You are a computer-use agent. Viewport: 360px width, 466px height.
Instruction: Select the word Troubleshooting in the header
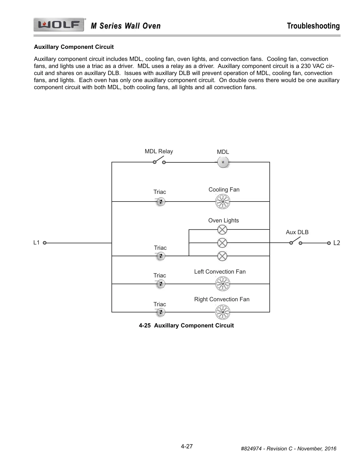pos(313,26)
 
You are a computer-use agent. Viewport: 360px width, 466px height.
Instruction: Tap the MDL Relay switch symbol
pos(159,161)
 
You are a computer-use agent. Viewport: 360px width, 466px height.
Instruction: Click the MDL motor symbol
pos(223,162)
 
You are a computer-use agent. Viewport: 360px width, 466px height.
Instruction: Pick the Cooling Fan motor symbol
pos(223,202)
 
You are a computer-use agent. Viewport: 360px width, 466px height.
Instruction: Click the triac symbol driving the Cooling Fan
pos(160,202)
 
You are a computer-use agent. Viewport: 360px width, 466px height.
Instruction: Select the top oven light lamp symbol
pos(222,229)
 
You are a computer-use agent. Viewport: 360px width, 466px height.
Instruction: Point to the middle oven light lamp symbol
pos(222,243)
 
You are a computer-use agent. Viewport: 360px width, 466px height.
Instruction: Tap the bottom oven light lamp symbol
pos(222,256)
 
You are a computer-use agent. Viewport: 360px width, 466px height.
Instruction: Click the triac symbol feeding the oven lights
pos(160,256)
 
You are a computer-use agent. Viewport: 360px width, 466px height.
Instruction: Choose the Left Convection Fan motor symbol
pos(223,284)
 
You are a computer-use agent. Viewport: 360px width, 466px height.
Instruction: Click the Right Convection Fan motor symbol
pos(223,312)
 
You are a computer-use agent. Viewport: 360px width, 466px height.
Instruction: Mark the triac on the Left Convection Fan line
pos(160,284)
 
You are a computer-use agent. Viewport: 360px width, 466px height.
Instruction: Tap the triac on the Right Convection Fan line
pos(160,312)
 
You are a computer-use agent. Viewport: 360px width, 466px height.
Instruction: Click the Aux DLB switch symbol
pos(296,242)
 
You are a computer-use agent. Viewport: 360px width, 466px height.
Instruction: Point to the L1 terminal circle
pos(44,243)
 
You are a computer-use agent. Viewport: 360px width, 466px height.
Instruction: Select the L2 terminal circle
pos(329,243)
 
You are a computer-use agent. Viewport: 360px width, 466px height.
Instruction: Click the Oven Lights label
pos(224,220)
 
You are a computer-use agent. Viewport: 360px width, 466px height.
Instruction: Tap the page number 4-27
pos(187,446)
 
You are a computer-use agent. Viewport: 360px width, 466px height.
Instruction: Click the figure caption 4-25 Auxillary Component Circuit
pos(186,325)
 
